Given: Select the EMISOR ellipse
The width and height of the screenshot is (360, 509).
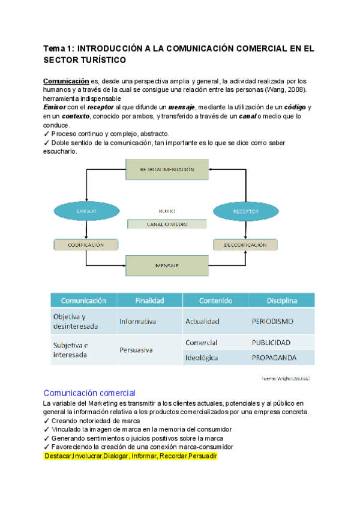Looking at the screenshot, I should tap(82, 211).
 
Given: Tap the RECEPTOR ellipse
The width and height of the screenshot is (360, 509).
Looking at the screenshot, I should tap(245, 211).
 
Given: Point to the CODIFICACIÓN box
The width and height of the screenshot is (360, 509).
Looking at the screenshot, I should tap(86, 245).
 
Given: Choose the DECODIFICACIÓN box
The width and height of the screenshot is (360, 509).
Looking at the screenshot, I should tap(245, 245).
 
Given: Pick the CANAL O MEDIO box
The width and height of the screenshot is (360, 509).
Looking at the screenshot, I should tap(167, 224).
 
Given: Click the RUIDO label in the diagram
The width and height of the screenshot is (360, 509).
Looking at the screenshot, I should tap(167, 211).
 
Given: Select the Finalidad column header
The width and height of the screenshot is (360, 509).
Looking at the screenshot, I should tap(149, 300).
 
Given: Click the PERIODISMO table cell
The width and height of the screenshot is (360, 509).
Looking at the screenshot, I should tap(272, 321).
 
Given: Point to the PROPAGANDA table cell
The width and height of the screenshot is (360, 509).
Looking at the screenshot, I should tap(275, 358).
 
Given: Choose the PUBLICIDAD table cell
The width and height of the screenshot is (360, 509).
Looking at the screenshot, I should tap(271, 343).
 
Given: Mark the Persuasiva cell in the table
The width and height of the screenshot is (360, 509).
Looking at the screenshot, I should tap(136, 349).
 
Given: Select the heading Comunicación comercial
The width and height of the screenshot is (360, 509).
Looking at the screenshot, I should tap(89, 393).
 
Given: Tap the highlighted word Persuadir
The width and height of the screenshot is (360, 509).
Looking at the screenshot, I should tap(203, 457).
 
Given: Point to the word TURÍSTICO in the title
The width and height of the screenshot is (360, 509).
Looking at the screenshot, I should tap(99, 60).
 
